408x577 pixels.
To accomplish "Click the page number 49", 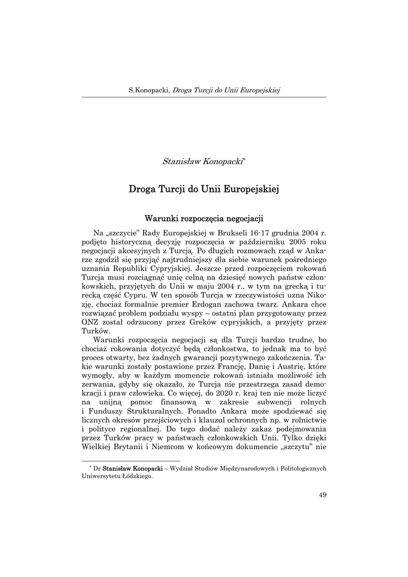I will click(322, 495).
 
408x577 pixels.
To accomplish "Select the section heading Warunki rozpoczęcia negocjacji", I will click(204, 217).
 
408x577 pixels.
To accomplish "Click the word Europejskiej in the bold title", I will click(252, 189).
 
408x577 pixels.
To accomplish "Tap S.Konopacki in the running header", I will click(148, 90).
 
